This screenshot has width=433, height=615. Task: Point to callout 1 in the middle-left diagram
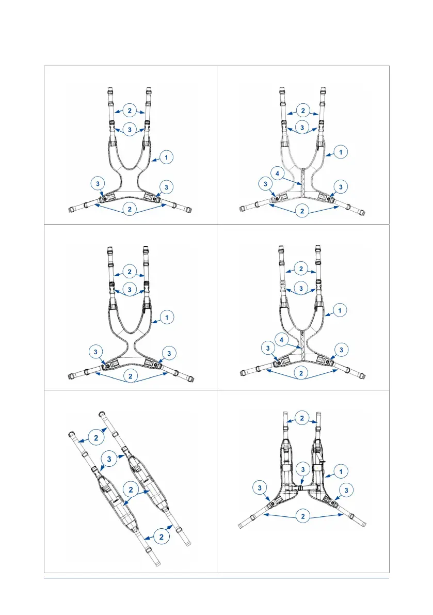pos(166,318)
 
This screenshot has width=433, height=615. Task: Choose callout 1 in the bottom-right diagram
pos(341,471)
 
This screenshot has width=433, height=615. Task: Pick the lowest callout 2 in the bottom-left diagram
pos(162,537)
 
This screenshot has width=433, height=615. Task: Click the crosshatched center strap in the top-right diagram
pos(303,184)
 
